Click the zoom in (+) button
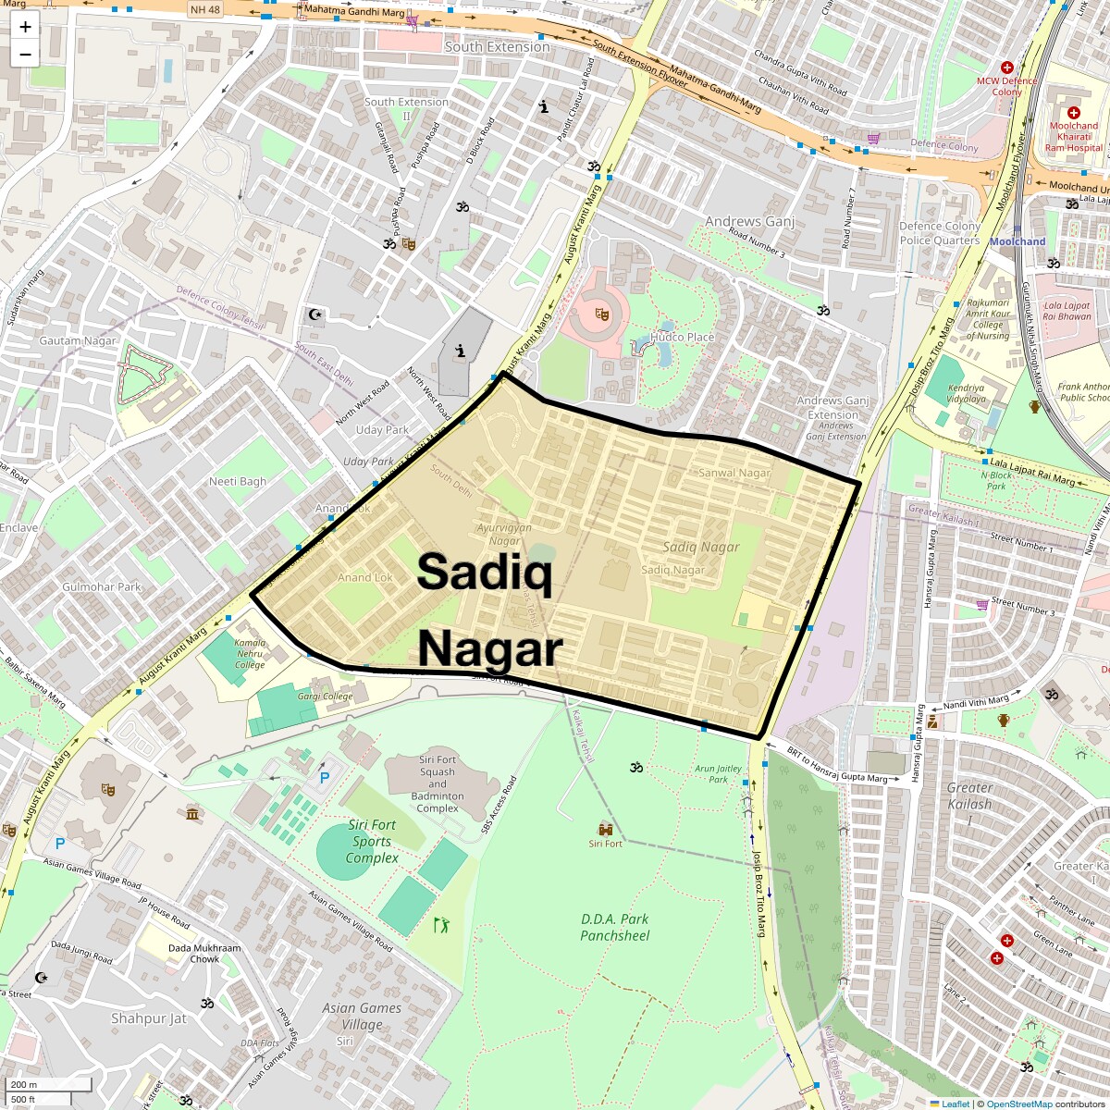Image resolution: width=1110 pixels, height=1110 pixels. pyautogui.click(x=25, y=27)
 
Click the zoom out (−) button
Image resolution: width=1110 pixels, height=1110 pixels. pyautogui.click(x=25, y=54)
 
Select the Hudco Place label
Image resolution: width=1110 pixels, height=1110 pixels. pyautogui.click(x=682, y=338)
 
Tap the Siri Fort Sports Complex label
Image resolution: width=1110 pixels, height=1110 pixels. pyautogui.click(x=372, y=842)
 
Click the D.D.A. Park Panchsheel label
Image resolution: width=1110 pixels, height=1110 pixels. pyautogui.click(x=614, y=927)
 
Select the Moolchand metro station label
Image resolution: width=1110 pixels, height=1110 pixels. pyautogui.click(x=1017, y=241)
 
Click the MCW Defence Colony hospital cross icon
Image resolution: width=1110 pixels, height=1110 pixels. pyautogui.click(x=1007, y=68)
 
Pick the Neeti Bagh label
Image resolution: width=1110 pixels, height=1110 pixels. pyautogui.click(x=238, y=481)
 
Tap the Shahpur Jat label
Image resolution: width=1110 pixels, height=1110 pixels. pyautogui.click(x=148, y=1018)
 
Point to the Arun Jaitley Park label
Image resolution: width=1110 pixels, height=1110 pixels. pyautogui.click(x=718, y=773)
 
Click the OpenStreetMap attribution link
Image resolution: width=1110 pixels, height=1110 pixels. pyautogui.click(x=1018, y=1104)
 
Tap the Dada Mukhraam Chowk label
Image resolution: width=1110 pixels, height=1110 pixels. pyautogui.click(x=204, y=954)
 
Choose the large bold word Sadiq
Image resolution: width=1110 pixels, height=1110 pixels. pyautogui.click(x=485, y=571)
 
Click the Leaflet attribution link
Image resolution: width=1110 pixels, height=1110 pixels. pyautogui.click(x=955, y=1104)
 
